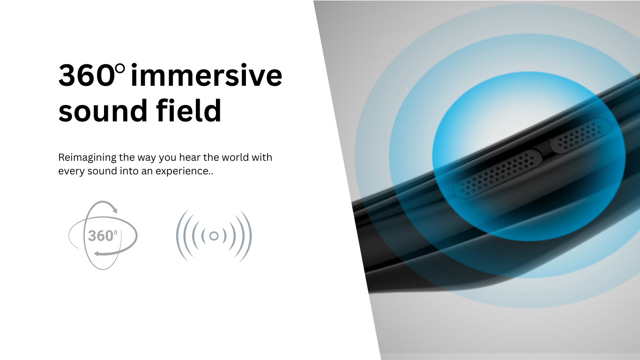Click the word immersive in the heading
(206, 75)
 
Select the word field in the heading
(189, 110)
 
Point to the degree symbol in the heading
(121, 69)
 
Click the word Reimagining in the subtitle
(87, 158)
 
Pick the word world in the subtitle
(235, 157)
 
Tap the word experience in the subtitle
(183, 172)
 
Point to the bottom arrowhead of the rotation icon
(97, 253)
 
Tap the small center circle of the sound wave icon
(214, 236)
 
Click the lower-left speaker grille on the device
(498, 174)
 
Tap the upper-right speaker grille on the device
(580, 136)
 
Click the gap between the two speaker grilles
(546, 150)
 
